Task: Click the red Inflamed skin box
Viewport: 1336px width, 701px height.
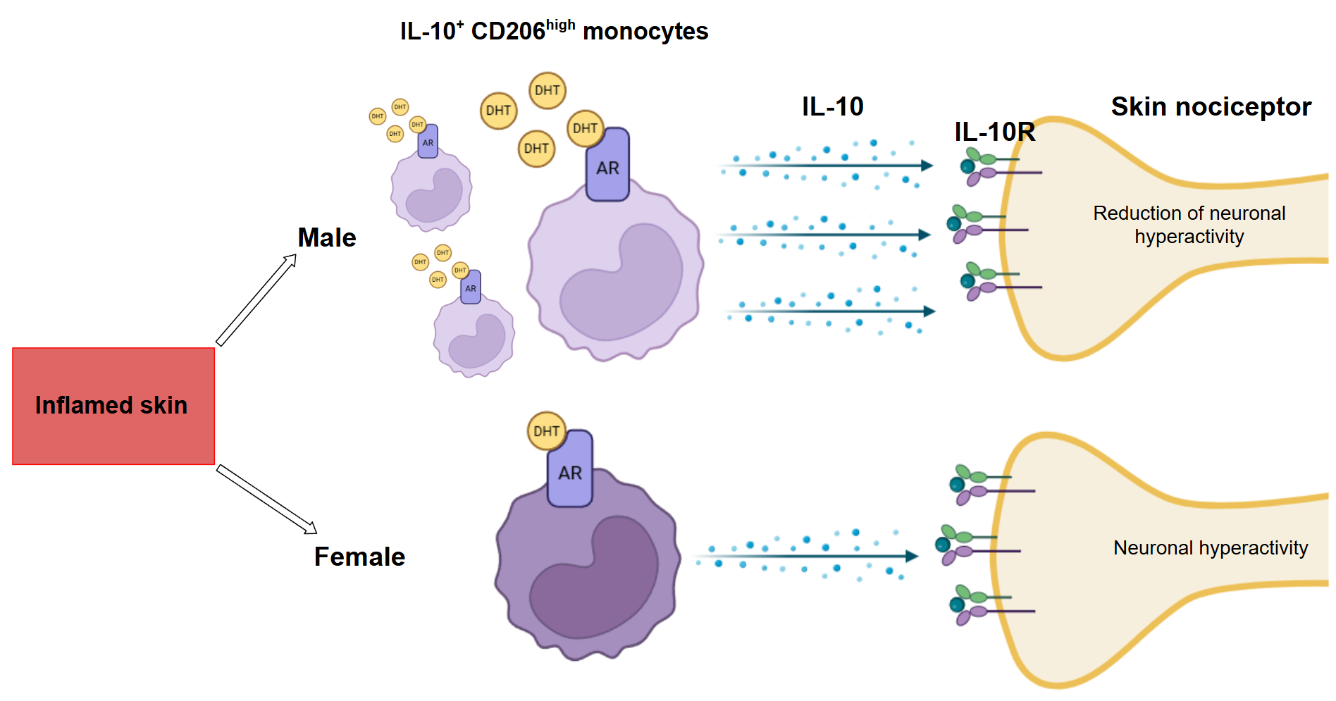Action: coord(113,406)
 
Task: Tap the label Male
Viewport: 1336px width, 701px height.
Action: coord(326,238)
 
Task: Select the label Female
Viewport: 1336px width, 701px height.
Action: coord(359,557)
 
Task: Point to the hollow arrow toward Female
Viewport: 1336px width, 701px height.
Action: coord(266,499)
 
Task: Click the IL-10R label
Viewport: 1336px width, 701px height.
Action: coord(994,132)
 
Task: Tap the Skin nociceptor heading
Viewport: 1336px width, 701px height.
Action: coord(1211,107)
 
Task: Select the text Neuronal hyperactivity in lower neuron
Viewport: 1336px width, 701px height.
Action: coord(1210,548)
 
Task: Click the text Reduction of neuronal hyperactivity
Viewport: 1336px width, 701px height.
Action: coord(1189,225)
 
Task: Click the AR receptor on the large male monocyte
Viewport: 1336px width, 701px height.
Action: coord(607,166)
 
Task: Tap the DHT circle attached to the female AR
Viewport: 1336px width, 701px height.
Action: coord(547,431)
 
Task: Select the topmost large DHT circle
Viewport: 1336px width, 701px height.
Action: coord(548,90)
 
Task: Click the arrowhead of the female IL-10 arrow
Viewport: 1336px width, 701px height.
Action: coord(912,557)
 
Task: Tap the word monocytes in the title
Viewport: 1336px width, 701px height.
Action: coord(645,32)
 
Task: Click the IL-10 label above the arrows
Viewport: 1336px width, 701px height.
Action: coord(832,107)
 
